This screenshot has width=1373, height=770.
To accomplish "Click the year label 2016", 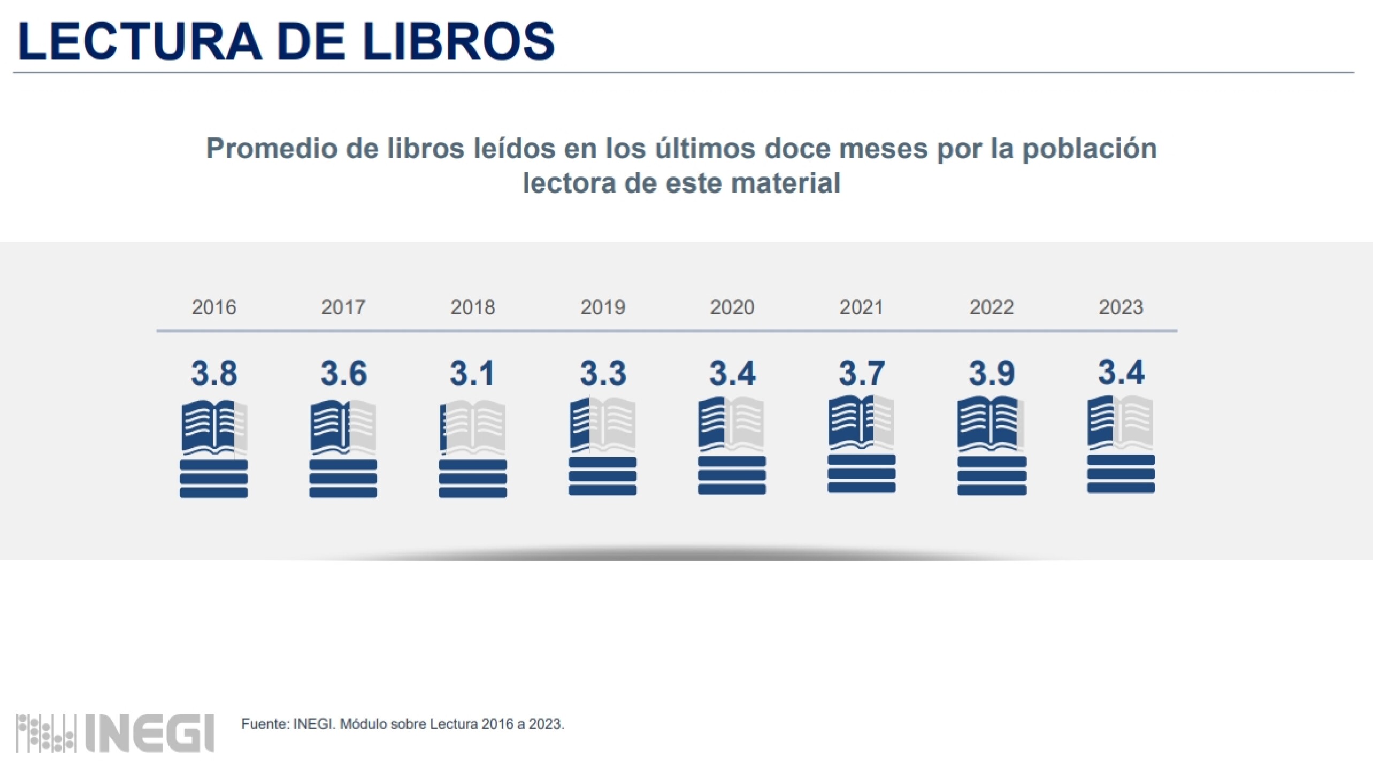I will point(214,307).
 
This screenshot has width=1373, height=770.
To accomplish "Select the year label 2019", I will point(603,307).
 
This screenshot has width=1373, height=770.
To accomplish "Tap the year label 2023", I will point(1121,307).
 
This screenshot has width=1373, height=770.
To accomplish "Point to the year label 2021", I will point(861,307).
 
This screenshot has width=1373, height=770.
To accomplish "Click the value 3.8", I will point(214,373).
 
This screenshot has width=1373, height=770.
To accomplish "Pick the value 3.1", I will point(472,373).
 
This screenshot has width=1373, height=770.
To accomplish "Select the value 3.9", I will point(992,373).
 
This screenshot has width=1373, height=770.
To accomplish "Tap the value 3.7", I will point(862,373).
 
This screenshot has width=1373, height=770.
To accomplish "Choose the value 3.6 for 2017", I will point(343,373).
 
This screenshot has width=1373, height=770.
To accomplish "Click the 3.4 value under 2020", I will point(732,373).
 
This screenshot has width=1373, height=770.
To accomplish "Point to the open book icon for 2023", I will point(1121,422).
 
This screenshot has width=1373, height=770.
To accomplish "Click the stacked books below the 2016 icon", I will point(213,479).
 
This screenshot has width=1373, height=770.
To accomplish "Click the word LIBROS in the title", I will point(458,41).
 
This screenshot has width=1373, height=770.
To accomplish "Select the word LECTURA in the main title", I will point(140,41).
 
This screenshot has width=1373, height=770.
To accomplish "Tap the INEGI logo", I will point(116,733).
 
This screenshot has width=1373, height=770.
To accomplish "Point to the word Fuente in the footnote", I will point(265,724).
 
